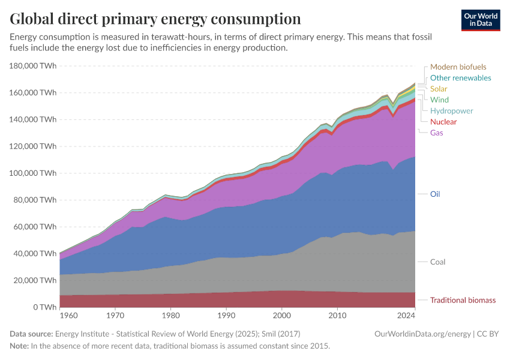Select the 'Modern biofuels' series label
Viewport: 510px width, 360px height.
(x=458, y=67)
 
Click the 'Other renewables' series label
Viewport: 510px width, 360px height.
(x=460, y=78)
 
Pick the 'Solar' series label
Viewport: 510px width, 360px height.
(x=439, y=89)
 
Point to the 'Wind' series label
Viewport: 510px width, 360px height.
(x=439, y=100)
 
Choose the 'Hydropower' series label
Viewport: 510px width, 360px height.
(x=451, y=111)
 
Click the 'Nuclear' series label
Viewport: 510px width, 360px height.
(x=443, y=122)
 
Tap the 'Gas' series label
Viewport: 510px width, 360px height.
(x=437, y=133)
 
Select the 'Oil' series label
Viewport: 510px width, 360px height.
(x=436, y=194)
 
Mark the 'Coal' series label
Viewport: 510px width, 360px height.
(x=437, y=262)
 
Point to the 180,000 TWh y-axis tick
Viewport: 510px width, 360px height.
(x=34, y=66)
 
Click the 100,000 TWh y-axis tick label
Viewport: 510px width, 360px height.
(x=34, y=173)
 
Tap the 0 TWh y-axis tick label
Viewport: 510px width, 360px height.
(x=44, y=307)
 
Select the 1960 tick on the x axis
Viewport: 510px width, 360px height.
(x=68, y=314)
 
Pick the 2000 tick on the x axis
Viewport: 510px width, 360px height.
(x=281, y=314)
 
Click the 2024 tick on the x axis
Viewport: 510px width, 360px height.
(x=406, y=314)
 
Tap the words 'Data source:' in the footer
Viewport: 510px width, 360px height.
(x=31, y=334)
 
